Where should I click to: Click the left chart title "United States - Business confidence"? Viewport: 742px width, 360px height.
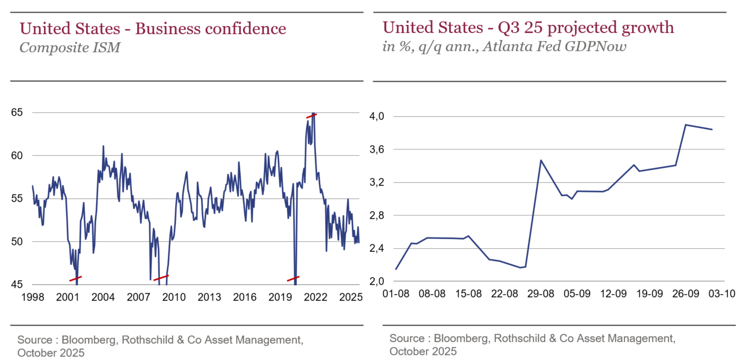click(153, 28)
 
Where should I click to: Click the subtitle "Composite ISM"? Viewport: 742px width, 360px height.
click(69, 47)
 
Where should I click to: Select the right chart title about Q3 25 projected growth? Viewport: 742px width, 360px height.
click(528, 27)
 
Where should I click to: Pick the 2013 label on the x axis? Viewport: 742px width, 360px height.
click(209, 297)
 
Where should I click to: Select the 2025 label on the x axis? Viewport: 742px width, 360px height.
click(351, 297)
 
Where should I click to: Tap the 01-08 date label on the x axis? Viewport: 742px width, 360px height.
click(396, 294)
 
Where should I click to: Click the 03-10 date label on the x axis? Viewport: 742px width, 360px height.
click(722, 294)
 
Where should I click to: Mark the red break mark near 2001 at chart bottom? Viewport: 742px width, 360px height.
click(75, 278)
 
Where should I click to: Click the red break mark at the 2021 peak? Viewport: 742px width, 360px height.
click(312, 116)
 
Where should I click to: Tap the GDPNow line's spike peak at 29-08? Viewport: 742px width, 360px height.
click(541, 160)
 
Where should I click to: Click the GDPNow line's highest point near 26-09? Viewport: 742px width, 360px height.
click(685, 124)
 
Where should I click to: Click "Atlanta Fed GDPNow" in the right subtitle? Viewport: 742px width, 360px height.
click(567, 47)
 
